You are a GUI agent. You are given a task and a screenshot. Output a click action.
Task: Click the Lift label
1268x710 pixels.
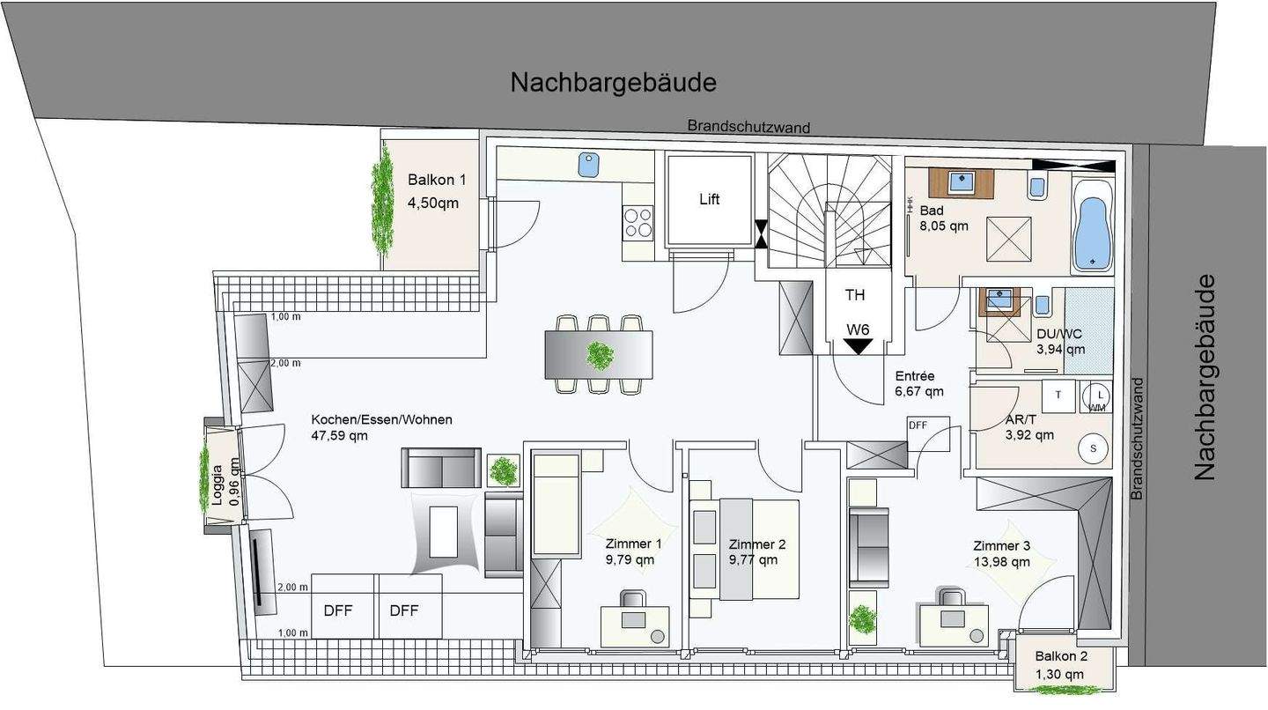(710, 199)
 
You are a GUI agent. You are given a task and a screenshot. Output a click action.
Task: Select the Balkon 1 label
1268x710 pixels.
(437, 180)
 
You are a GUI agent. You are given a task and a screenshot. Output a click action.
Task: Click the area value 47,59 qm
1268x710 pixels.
(340, 435)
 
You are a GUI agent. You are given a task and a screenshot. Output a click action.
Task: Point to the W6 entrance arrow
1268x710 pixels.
(858, 346)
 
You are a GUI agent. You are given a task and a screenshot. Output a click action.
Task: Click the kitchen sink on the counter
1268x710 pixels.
(588, 163)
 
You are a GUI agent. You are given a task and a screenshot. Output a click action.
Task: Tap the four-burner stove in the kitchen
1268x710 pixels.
(638, 222)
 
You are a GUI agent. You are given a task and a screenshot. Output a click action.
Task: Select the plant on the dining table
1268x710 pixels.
(601, 356)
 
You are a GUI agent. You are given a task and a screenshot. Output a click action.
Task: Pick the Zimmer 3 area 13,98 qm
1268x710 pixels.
(1001, 562)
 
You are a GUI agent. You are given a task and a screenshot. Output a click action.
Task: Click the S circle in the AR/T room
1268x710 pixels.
(1094, 448)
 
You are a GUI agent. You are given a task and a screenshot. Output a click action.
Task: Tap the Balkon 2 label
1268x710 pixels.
(1061, 656)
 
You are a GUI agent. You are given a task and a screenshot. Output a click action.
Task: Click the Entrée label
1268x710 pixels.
(915, 376)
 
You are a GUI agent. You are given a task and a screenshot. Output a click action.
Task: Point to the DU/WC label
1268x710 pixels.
(1060, 334)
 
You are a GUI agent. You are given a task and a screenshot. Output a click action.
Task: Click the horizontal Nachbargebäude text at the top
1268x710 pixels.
(613, 83)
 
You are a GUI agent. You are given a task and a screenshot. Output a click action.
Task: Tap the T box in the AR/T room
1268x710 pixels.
(1058, 396)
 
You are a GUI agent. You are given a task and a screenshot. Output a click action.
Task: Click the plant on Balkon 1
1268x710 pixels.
(383, 201)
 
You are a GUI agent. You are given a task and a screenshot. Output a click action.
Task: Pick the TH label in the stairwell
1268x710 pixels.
(855, 295)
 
